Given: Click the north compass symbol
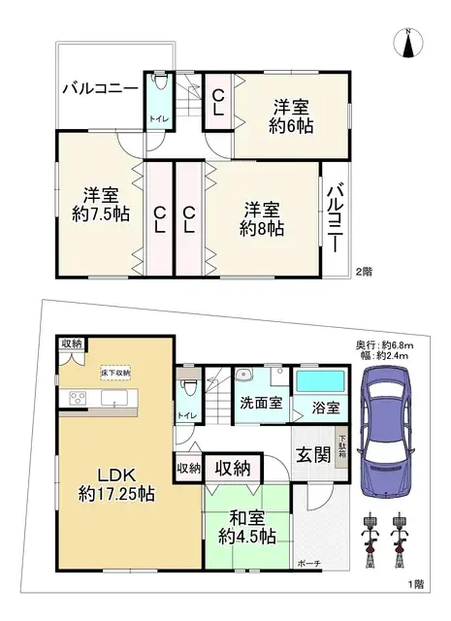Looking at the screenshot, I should (x=409, y=43).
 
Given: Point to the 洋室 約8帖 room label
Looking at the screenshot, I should (x=263, y=218).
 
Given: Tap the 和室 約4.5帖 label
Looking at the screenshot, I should (x=246, y=526).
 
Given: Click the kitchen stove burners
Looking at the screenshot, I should (x=77, y=397).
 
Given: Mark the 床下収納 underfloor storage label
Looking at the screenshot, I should (x=114, y=373).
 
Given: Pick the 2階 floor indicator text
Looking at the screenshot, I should (x=363, y=273).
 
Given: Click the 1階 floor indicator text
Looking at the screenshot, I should (x=416, y=583).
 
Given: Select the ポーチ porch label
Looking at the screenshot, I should (x=308, y=564).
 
